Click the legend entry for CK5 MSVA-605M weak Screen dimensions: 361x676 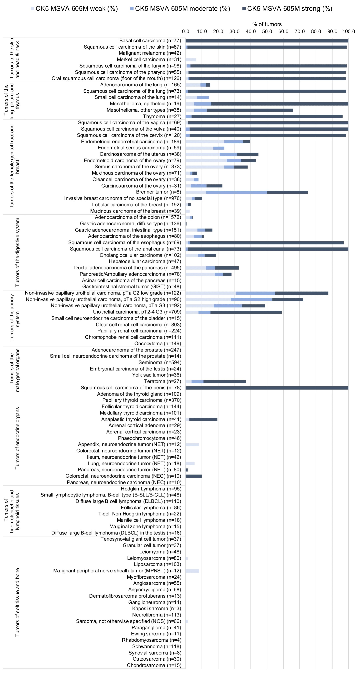tap(74, 9)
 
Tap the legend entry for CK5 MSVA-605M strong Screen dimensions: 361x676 tap(287, 9)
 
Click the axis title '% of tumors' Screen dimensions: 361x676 tap(267, 24)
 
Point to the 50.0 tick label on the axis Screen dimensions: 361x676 tap(267, 32)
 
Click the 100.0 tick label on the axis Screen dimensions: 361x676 tap(348, 32)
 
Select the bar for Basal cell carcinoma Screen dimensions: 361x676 tap(267, 41)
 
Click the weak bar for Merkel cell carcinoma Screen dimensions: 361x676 tap(191, 60)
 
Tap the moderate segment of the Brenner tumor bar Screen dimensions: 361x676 tap(236, 192)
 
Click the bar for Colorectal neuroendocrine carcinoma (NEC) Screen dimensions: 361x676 tap(194, 476)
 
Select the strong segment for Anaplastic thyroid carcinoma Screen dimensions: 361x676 tap(203, 419)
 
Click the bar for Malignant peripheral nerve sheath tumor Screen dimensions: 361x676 tap(192, 571)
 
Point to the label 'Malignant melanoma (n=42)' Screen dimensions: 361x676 tap(150, 53)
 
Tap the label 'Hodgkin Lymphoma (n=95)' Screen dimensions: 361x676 tap(151, 489)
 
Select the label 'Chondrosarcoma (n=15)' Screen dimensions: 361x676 tap(154, 665)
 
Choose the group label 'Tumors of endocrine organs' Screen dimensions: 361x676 tap(17, 438)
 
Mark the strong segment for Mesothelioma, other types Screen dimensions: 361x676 tap(250, 110)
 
